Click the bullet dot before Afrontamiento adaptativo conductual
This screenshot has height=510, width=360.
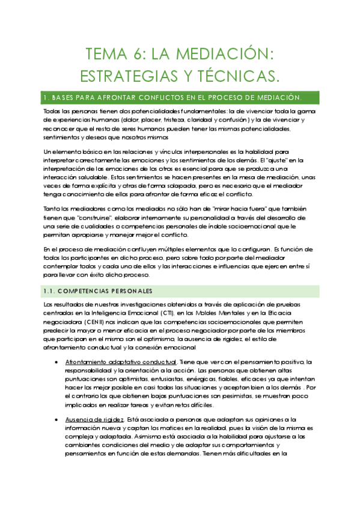(56, 362)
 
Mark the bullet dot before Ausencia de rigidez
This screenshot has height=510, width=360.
(56, 419)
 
